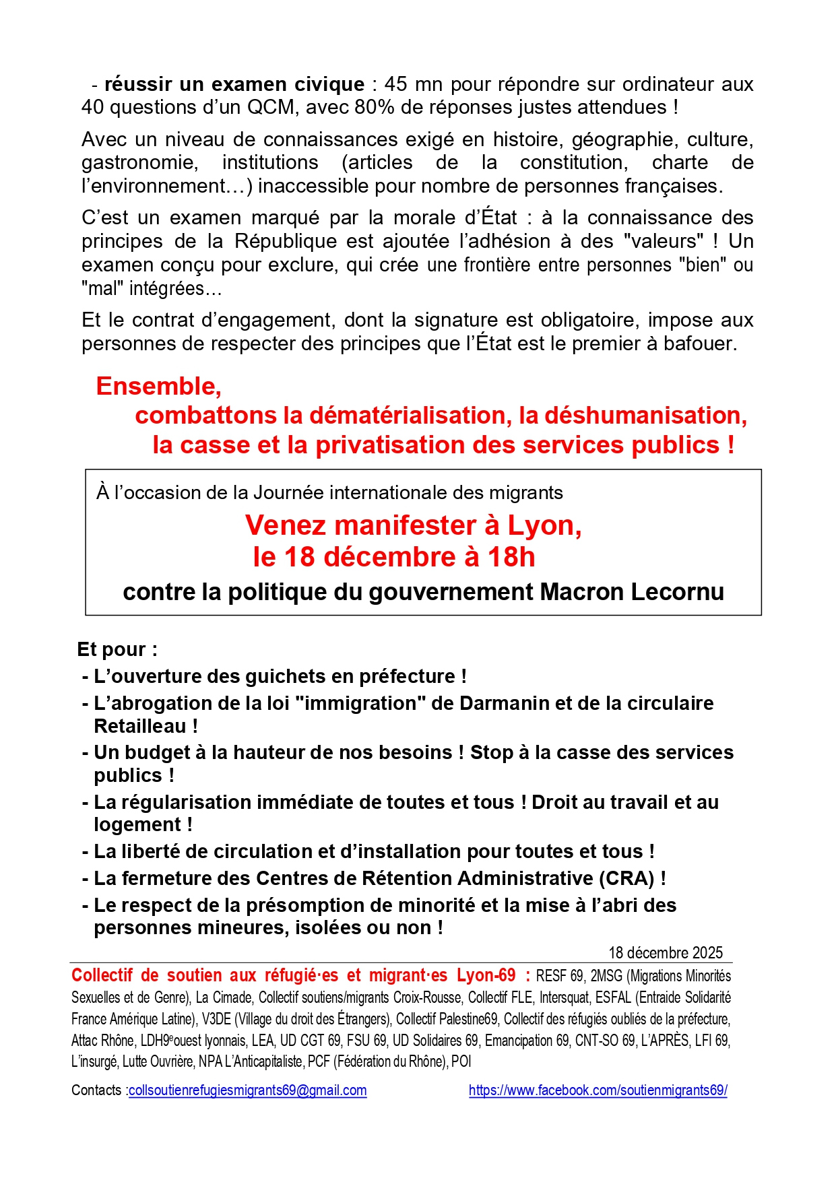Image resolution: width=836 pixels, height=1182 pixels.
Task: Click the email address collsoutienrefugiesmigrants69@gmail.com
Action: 247,1090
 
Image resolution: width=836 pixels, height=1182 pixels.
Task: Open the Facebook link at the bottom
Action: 598,1090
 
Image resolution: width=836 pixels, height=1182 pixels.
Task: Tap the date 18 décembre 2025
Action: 665,952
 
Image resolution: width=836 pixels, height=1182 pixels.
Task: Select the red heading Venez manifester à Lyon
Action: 413,525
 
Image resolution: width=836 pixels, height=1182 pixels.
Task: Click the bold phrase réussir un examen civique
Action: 234,84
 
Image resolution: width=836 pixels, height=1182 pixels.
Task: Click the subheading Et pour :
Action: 117,649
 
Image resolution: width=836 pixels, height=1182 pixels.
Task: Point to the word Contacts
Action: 96,1090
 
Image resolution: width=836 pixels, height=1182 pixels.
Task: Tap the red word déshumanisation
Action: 645,416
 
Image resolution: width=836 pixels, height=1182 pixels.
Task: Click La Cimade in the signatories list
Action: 224,997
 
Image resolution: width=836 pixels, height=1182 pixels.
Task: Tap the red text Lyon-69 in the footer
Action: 486,975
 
